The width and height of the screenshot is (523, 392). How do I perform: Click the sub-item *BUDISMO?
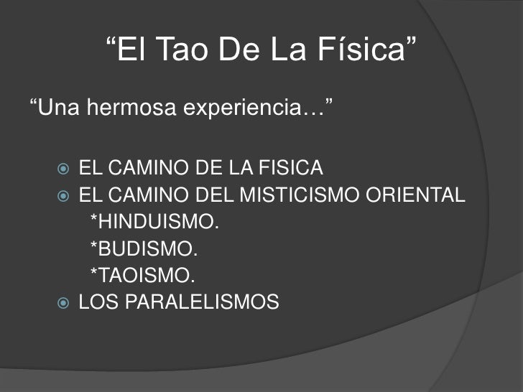(x=143, y=249)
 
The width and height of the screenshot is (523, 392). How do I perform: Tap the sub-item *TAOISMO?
(x=142, y=276)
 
